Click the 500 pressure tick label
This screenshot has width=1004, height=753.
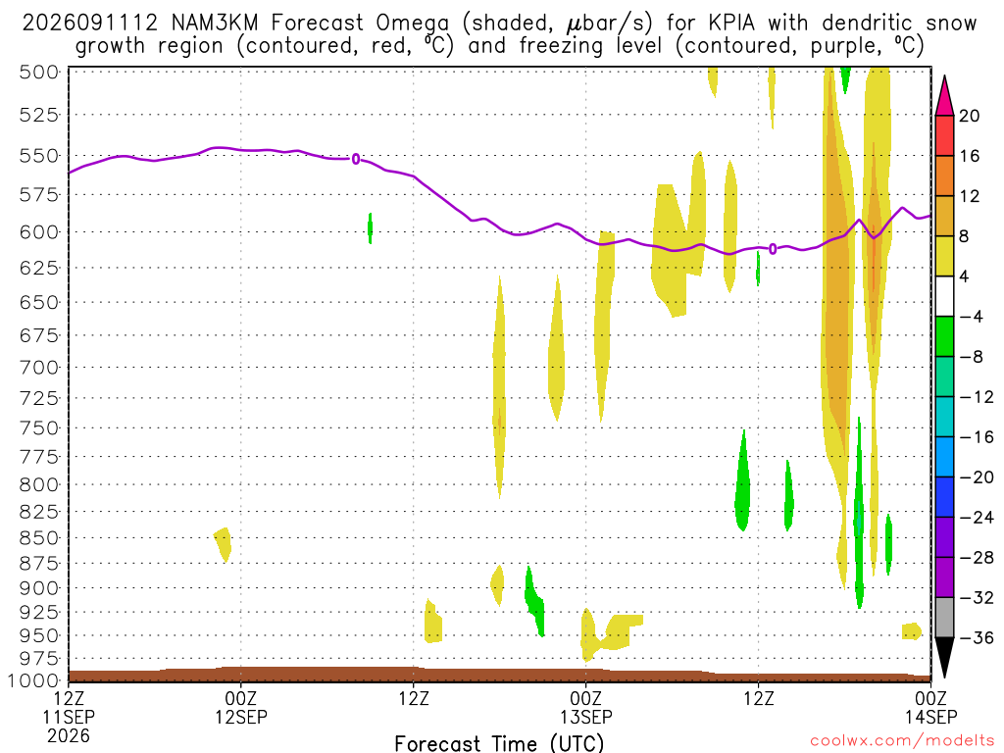(39, 72)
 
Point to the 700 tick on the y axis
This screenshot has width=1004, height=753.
(39, 368)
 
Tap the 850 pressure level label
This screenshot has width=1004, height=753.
(39, 538)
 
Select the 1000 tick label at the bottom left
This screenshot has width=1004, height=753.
(33, 680)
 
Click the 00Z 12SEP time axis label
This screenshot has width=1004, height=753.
(241, 708)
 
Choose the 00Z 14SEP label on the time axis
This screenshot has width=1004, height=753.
(930, 708)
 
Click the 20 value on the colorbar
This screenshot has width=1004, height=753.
(970, 116)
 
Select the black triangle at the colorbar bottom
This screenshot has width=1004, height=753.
(944, 656)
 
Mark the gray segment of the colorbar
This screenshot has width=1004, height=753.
(944, 618)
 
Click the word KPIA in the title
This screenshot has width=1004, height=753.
(731, 24)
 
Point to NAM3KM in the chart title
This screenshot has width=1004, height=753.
(215, 24)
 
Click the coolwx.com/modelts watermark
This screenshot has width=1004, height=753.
(902, 741)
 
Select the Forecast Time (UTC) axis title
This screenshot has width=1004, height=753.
(499, 743)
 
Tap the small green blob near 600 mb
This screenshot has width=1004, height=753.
(370, 227)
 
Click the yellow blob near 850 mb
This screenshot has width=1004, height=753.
(223, 544)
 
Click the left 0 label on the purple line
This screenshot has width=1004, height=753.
(356, 159)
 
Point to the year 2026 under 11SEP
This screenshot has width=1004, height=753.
(69, 735)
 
